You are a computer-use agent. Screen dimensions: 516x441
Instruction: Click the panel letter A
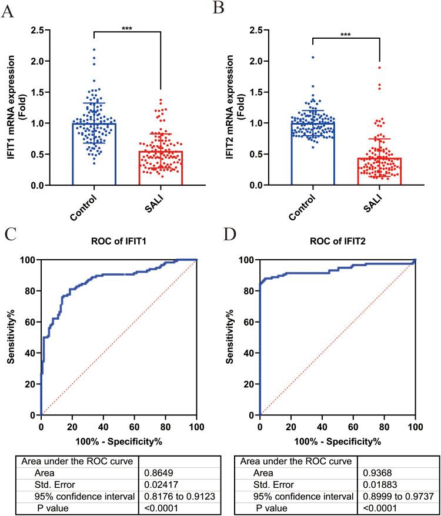click(9, 10)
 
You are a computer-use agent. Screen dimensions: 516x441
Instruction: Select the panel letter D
click(230, 237)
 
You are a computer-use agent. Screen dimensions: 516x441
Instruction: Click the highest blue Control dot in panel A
click(94, 49)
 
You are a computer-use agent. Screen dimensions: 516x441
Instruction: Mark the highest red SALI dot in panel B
click(379, 68)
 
